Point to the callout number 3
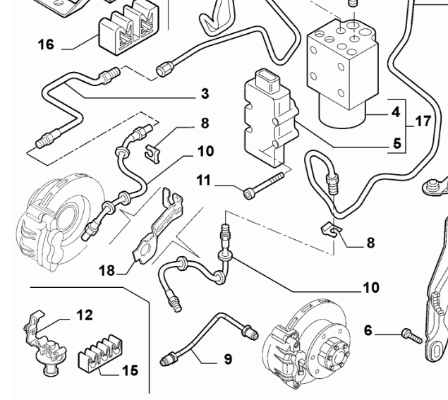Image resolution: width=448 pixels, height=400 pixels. point(204,92)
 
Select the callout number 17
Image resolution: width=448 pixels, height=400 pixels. point(423,121)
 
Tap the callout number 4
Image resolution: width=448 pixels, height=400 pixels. point(396,111)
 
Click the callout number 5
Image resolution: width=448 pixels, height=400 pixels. point(396,147)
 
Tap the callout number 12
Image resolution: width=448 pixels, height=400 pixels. point(84,315)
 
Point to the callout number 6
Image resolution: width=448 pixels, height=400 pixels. point(368,329)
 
